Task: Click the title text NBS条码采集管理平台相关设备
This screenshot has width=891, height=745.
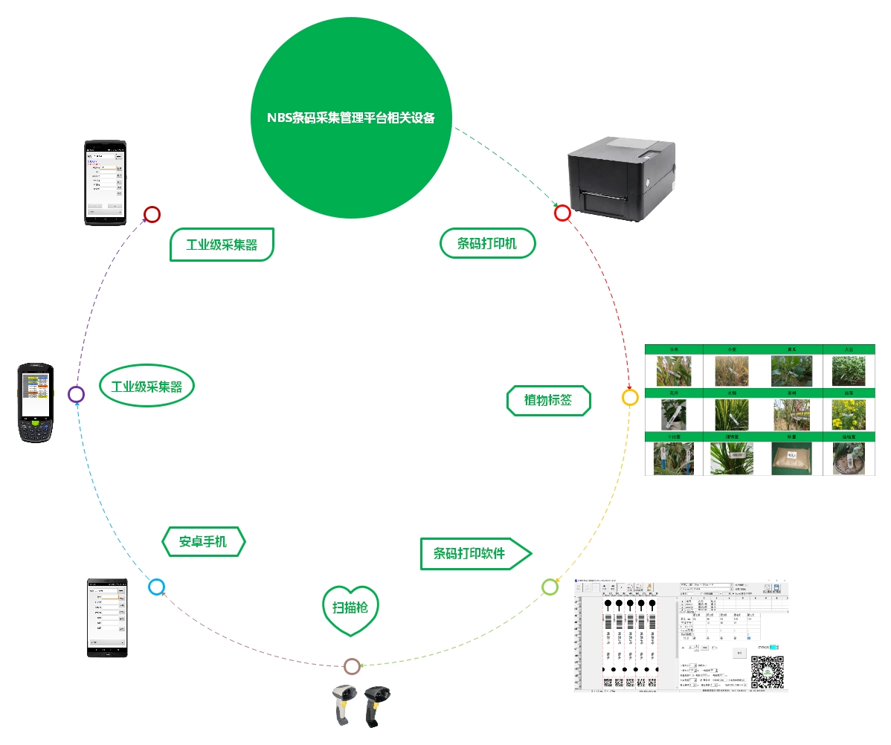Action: [x=351, y=117]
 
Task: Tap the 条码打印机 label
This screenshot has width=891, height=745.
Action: [x=487, y=243]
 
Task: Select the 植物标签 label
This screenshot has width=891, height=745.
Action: [x=548, y=400]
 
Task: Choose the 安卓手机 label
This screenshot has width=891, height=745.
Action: [x=203, y=541]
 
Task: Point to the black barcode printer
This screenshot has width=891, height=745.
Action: [x=622, y=178]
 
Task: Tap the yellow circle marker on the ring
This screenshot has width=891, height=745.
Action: [x=630, y=397]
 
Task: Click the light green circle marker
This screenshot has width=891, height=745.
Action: [x=550, y=587]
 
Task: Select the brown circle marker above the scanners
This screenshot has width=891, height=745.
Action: [x=352, y=666]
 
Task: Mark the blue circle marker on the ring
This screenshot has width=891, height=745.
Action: [x=156, y=587]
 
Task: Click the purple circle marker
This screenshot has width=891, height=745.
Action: [x=76, y=394]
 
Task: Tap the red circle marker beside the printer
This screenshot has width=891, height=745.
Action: [x=562, y=213]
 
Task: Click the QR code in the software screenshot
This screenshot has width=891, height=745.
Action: [x=767, y=672]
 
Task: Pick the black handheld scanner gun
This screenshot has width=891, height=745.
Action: [x=376, y=705]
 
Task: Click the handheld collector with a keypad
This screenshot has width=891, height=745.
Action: [x=37, y=402]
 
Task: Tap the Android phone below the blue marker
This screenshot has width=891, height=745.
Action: [x=107, y=617]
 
